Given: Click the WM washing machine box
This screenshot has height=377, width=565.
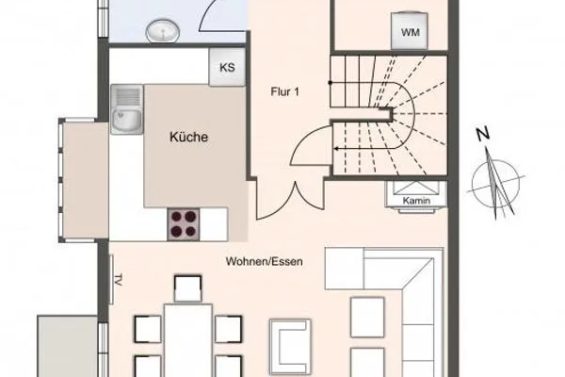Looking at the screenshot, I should pyautogui.click(x=410, y=33).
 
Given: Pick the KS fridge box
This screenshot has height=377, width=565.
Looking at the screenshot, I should pyautogui.click(x=226, y=67).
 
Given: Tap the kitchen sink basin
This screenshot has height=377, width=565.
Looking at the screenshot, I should pyautogui.click(x=124, y=122).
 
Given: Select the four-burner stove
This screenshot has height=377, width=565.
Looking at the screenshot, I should pyautogui.click(x=185, y=223).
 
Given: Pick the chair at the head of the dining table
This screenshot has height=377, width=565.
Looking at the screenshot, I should pyautogui.click(x=187, y=287).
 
